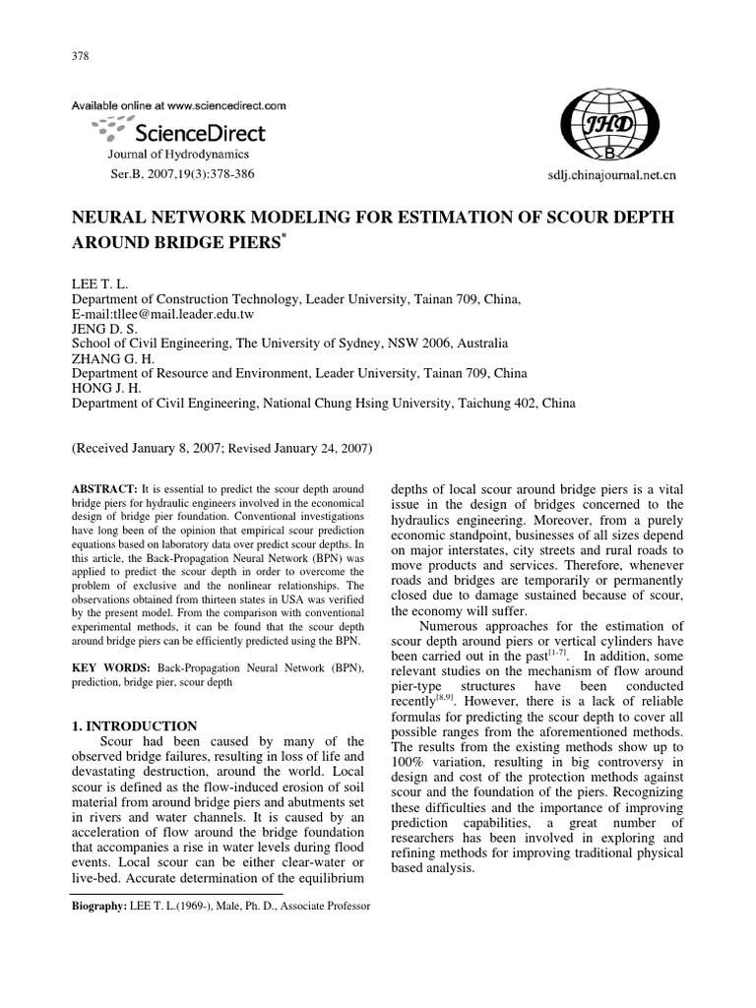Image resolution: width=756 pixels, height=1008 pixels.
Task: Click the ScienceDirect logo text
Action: click(x=198, y=132)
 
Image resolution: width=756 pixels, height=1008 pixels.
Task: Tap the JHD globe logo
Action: click(x=610, y=127)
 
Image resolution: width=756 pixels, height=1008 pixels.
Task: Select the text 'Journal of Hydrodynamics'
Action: click(x=178, y=155)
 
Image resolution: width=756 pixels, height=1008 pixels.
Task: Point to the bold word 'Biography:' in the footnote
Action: click(x=99, y=906)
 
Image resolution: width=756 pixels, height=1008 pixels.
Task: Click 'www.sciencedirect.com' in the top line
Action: click(x=226, y=103)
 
